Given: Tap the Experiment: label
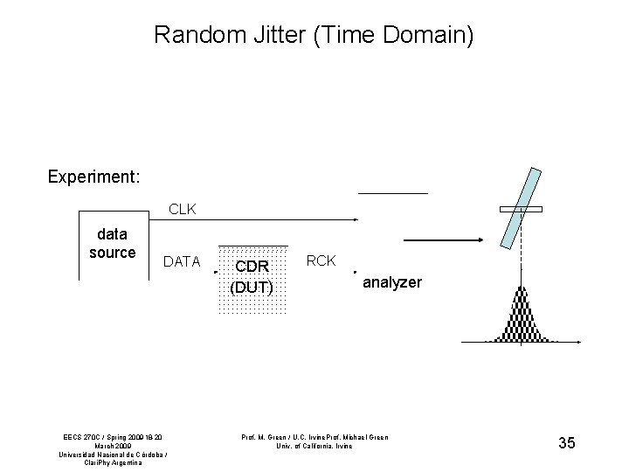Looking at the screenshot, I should coord(93,177).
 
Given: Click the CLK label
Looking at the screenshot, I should coord(183,210).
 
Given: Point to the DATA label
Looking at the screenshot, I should coord(182,261).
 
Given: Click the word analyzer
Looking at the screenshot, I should coord(392,283).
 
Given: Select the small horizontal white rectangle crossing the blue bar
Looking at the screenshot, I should coord(521,209).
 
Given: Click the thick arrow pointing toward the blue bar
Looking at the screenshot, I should coord(445,240).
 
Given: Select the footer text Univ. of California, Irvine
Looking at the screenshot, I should coord(314,446).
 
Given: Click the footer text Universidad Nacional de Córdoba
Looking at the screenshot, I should coord(112,455).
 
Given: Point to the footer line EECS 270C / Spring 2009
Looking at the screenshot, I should coord(114,437).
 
